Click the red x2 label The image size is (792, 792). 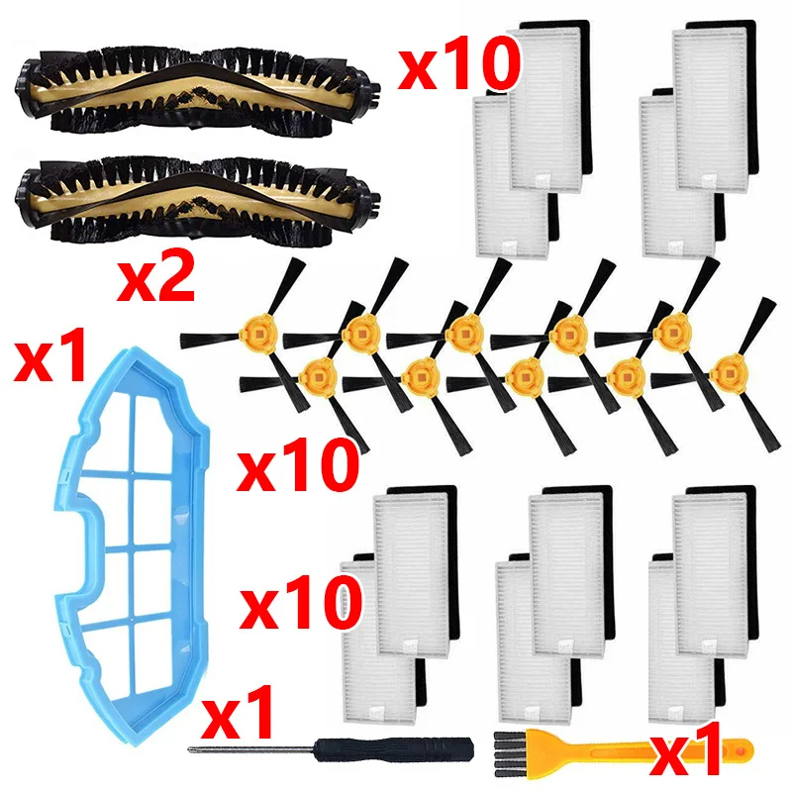point(156,278)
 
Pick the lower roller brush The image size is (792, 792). point(198,199)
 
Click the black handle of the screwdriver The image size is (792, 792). point(394,749)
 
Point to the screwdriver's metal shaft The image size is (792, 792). point(251,749)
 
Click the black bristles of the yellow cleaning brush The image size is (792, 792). point(508,753)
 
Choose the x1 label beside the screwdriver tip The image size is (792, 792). point(238,712)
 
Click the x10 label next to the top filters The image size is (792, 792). point(458,63)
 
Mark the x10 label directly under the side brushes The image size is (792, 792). point(298,464)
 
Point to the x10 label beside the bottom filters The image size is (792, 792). point(301,602)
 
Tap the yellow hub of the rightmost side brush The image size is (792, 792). point(729,374)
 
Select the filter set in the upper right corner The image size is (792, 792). point(699,139)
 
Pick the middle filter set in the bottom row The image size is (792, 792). point(555,604)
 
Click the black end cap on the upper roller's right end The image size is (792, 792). point(370,91)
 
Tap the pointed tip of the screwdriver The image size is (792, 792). point(189,749)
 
